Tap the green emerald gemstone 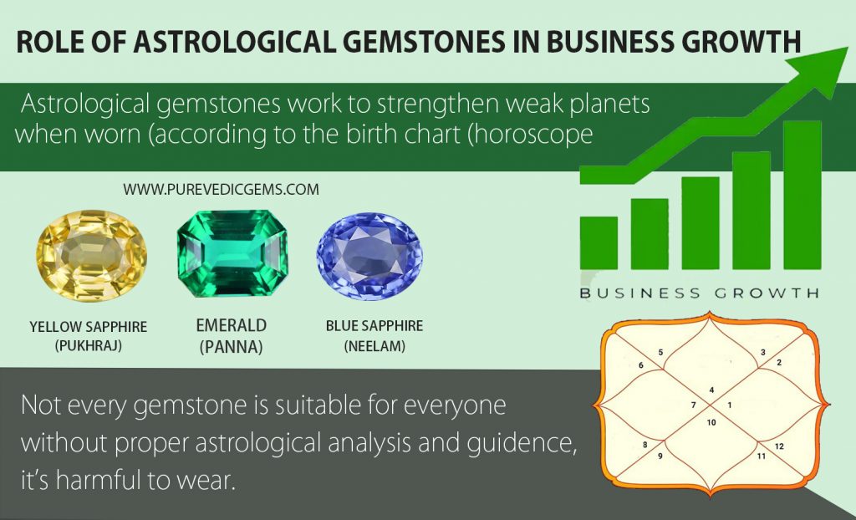[x=232, y=252]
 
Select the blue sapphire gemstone [x=369, y=254]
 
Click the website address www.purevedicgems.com [x=221, y=190]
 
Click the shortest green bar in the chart [x=599, y=242]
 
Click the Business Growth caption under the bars [x=699, y=293]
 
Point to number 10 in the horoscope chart [x=711, y=422]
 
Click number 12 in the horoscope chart [x=778, y=446]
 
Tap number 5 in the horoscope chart [x=660, y=353]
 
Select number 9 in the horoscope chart [x=660, y=456]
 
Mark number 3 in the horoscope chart [x=762, y=353]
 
